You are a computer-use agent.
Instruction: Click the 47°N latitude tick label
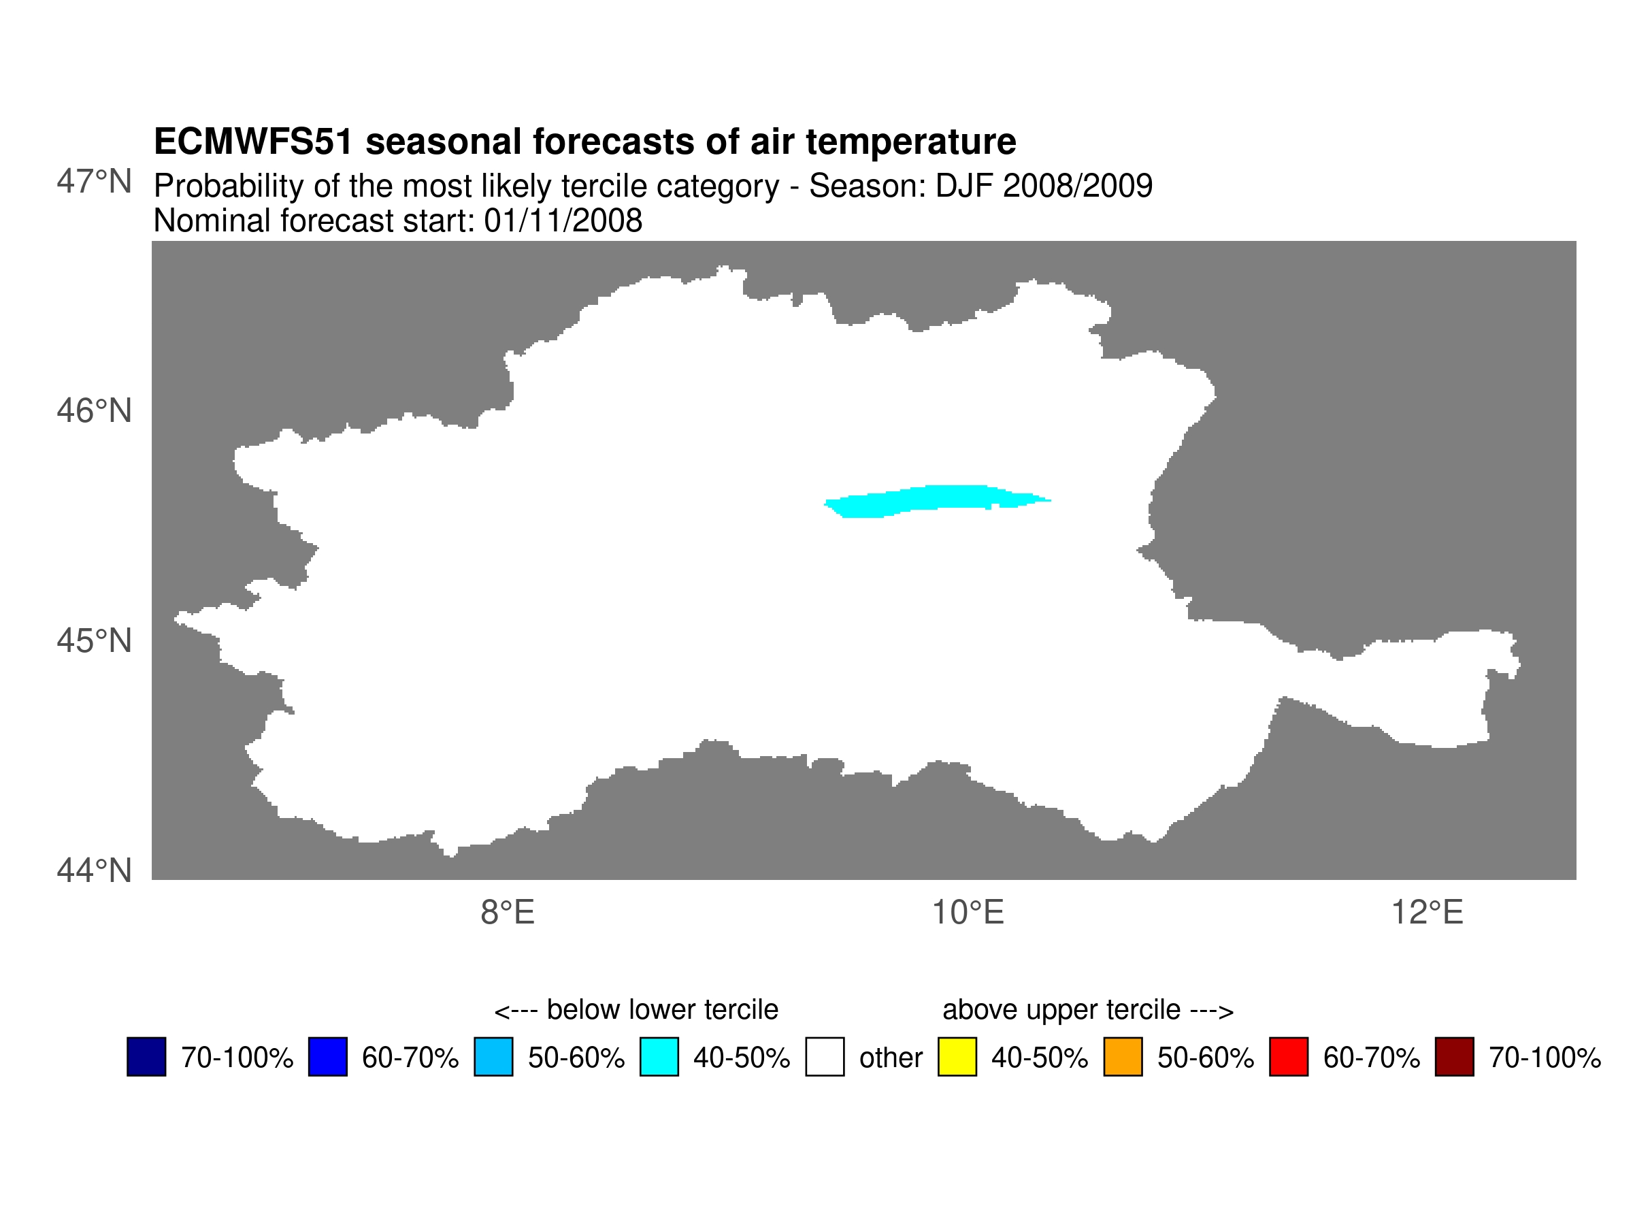coord(94,182)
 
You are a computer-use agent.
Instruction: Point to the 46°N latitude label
coord(94,411)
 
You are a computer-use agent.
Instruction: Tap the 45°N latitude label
coord(94,641)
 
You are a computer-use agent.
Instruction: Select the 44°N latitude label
coord(94,870)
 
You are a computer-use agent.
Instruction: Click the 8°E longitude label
coord(507,913)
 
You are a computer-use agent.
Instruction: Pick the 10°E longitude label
coord(968,913)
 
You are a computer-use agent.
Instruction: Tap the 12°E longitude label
coord(1427,913)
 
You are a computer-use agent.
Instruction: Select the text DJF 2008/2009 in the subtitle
coord(1044,186)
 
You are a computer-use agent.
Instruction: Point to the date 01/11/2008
coord(563,220)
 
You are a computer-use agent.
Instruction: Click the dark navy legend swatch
coord(146,1057)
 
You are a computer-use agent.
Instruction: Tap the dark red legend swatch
coord(1454,1057)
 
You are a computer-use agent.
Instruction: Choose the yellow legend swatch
coord(957,1057)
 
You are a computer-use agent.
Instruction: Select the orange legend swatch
coord(1123,1057)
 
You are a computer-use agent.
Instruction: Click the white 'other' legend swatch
coord(825,1057)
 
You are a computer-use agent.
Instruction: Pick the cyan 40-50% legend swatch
coord(659,1057)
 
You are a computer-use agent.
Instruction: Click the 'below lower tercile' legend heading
coord(636,1009)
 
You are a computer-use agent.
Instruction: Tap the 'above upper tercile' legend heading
coord(1088,1009)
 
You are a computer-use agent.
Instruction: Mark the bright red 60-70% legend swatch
coord(1289,1057)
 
